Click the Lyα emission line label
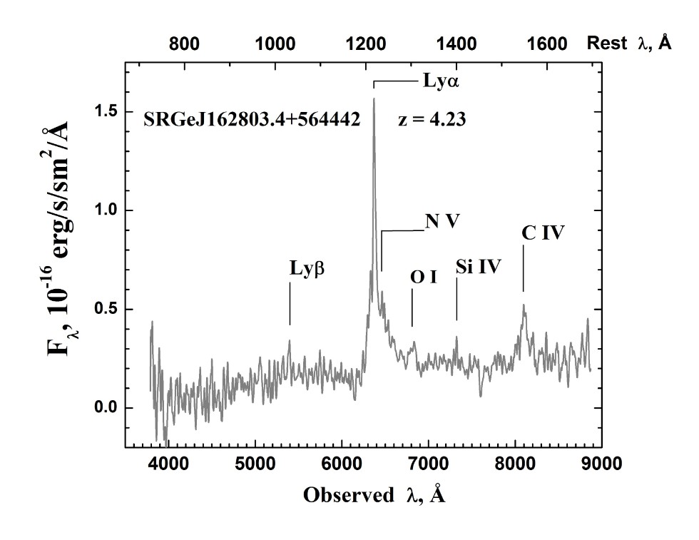coord(441,81)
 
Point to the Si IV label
coord(479,268)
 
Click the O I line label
coord(423,277)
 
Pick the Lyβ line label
coord(307,269)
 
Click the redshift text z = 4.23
coord(432,119)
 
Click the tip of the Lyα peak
coord(374,99)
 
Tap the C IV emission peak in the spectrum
coord(524,307)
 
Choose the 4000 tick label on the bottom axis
coord(169,464)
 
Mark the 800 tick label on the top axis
coord(184,44)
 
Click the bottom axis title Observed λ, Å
coord(374,495)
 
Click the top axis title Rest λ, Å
coord(628,44)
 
